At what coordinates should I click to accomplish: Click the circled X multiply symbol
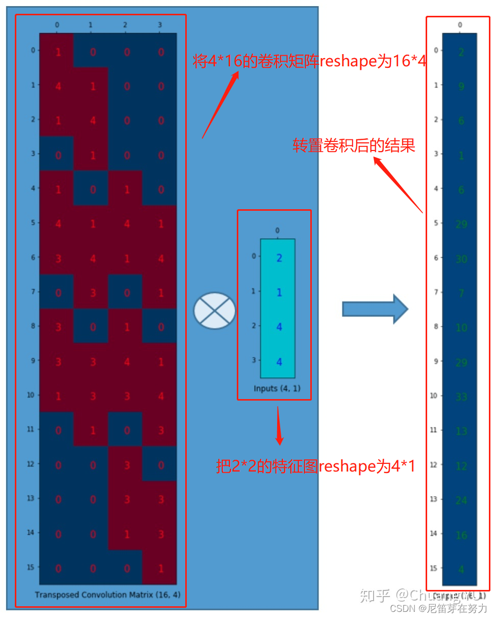pyautogui.click(x=214, y=310)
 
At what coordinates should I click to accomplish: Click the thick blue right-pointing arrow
pyautogui.click(x=375, y=309)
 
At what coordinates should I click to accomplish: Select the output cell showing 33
pyautogui.click(x=461, y=397)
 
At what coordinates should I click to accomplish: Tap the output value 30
pyautogui.click(x=461, y=259)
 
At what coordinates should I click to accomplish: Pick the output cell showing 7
pyautogui.click(x=461, y=293)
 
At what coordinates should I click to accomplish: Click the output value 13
pyautogui.click(x=461, y=431)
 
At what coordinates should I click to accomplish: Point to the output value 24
pyautogui.click(x=461, y=500)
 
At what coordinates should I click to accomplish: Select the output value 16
pyautogui.click(x=461, y=535)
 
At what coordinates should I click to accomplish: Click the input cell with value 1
pyautogui.click(x=278, y=292)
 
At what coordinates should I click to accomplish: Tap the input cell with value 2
pyautogui.click(x=278, y=258)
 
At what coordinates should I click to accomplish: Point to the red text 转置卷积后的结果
pyautogui.click(x=354, y=146)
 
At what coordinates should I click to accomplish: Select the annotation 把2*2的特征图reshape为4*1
pyautogui.click(x=315, y=466)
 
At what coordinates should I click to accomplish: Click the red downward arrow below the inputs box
pyautogui.click(x=279, y=426)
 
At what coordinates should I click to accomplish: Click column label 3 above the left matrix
pyautogui.click(x=160, y=24)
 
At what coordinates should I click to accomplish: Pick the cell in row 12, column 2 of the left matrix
pyautogui.click(x=126, y=464)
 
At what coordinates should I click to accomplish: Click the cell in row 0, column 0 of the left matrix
pyautogui.click(x=57, y=51)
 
